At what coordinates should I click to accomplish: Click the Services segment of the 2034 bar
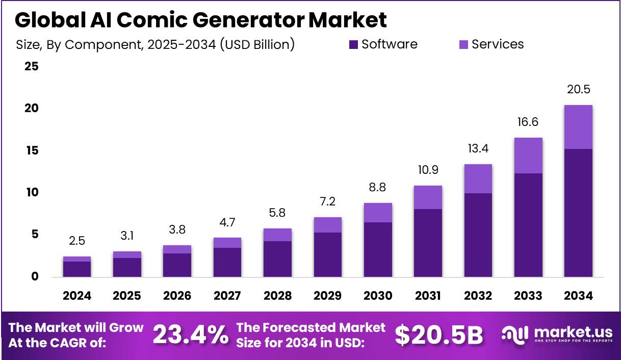578,127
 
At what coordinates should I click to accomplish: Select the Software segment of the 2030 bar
378,249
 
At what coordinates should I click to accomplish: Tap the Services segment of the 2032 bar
478,178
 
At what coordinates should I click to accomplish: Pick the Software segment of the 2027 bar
227,262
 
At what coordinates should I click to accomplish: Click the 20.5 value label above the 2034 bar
578,89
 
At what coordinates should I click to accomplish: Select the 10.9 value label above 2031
428,170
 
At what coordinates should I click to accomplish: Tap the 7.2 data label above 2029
327,202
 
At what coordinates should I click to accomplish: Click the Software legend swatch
353,45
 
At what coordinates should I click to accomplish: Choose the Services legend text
498,44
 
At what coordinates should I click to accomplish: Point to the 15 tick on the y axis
32,150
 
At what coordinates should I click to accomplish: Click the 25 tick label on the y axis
32,66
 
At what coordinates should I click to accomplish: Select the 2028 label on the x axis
277,296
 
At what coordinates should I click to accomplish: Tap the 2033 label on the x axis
528,296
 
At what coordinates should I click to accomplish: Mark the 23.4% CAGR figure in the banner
190,335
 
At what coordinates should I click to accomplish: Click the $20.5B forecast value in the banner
438,335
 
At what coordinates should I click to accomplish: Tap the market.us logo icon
515,334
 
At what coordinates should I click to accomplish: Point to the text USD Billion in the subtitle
258,44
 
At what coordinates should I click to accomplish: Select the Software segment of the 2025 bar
127,267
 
